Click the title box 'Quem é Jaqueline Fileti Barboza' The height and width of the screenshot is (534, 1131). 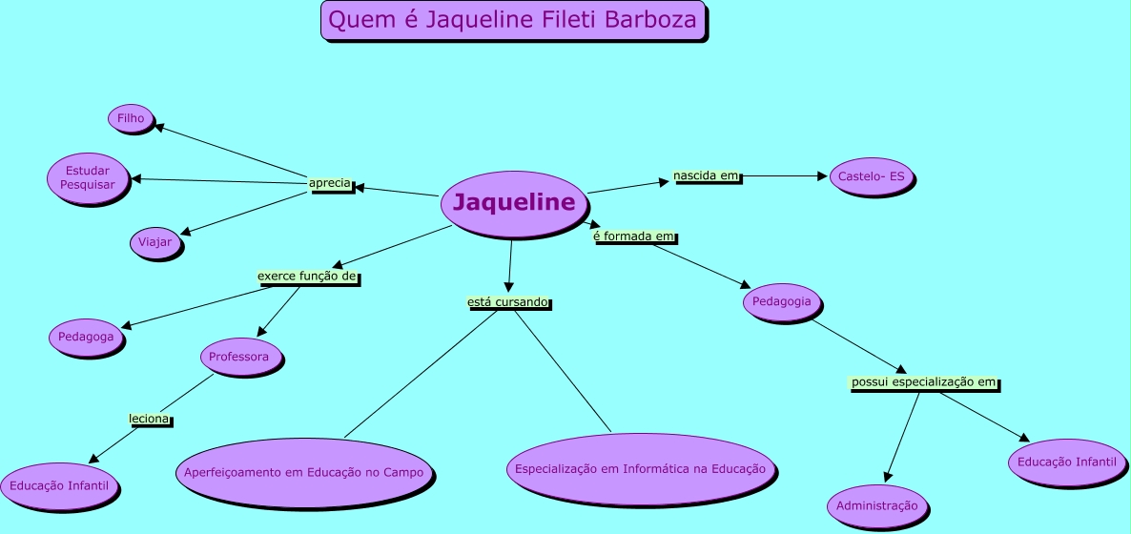pyautogui.click(x=513, y=19)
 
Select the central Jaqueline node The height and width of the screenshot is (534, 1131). pyautogui.click(x=513, y=202)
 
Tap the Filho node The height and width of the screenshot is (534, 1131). pyautogui.click(x=131, y=118)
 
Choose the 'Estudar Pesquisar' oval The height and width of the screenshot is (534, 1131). pyautogui.click(x=87, y=177)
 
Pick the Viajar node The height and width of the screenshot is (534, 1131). pyautogui.click(x=154, y=242)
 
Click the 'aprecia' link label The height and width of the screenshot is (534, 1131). pyautogui.click(x=330, y=183)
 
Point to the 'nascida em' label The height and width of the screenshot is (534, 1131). pyautogui.click(x=706, y=176)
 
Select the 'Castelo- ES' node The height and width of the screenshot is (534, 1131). pyautogui.click(x=872, y=176)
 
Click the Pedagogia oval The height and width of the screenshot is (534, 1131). pyautogui.click(x=782, y=301)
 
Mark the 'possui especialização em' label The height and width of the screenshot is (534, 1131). pyautogui.click(x=923, y=382)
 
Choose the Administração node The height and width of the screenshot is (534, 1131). pyautogui.click(x=876, y=505)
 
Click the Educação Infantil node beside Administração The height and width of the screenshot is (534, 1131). pyautogui.click(x=1066, y=462)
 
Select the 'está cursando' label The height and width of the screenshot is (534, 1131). pyautogui.click(x=507, y=301)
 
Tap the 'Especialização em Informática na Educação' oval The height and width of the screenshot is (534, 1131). pyautogui.click(x=640, y=469)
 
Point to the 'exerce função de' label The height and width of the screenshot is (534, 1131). pyautogui.click(x=306, y=277)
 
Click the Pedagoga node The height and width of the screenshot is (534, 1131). pyautogui.click(x=86, y=337)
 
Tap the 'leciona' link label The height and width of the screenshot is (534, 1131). pyautogui.click(x=149, y=419)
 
